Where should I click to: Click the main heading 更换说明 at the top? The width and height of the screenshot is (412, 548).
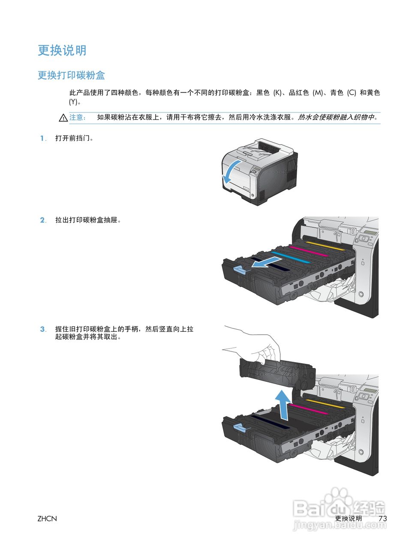[62, 51]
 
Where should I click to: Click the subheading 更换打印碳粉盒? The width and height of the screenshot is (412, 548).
[71, 75]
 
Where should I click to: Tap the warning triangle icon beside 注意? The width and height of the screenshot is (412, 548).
[63, 118]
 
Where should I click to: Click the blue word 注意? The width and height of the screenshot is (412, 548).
[77, 117]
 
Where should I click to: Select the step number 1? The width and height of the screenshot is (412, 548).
[42, 138]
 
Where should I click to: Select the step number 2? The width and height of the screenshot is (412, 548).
[43, 220]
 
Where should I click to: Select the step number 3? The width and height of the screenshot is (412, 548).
[43, 329]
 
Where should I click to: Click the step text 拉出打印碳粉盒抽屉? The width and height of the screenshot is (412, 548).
[88, 220]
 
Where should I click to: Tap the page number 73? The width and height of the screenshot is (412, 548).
[383, 518]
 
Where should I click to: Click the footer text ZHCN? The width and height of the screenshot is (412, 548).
[47, 518]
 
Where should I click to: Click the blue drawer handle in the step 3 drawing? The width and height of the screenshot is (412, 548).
[241, 428]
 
